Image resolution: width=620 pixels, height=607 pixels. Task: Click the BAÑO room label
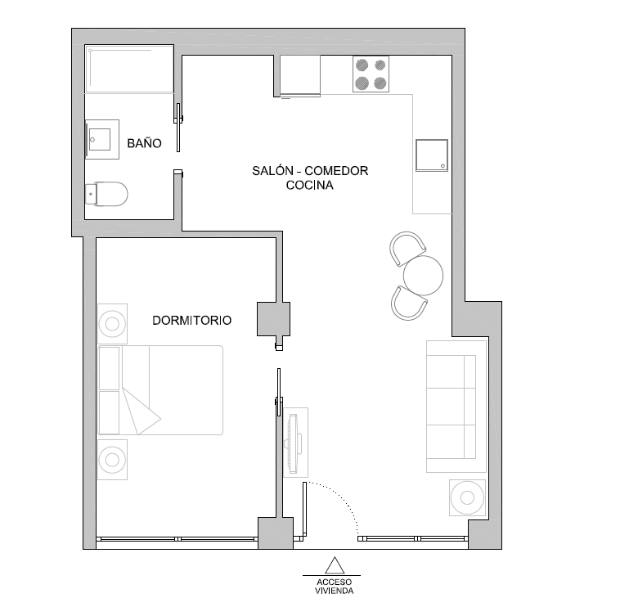pyautogui.click(x=144, y=143)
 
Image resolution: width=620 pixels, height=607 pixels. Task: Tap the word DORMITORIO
pyautogui.click(x=191, y=321)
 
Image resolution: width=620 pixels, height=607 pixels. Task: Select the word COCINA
pyautogui.click(x=310, y=185)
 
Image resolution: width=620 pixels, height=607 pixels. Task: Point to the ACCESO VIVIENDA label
pyautogui.click(x=334, y=587)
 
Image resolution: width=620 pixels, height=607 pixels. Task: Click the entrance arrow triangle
pyautogui.click(x=335, y=565)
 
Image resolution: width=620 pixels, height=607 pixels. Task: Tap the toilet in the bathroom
pyautogui.click(x=107, y=194)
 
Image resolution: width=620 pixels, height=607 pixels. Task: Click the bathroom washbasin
pyautogui.click(x=102, y=139)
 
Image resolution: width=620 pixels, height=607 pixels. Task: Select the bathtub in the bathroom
pyautogui.click(x=129, y=70)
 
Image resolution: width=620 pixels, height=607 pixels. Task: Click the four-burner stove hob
pyautogui.click(x=371, y=74)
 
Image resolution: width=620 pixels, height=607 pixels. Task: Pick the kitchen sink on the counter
pyautogui.click(x=432, y=155)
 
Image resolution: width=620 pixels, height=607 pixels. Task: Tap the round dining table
pyautogui.click(x=423, y=276)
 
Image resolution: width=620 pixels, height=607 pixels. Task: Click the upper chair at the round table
pyautogui.click(x=407, y=248)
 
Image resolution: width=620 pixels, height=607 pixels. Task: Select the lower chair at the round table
pyautogui.click(x=409, y=303)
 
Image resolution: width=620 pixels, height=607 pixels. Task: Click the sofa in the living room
pyautogui.click(x=456, y=407)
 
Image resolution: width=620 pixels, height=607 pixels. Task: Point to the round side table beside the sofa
pyautogui.click(x=467, y=498)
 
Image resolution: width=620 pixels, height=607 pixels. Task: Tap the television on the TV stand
pyautogui.click(x=294, y=443)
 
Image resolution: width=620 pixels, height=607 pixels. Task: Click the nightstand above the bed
pyautogui.click(x=113, y=324)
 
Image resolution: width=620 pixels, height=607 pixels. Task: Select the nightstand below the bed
pyautogui.click(x=113, y=460)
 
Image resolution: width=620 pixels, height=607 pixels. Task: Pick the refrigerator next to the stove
pyautogui.click(x=300, y=76)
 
